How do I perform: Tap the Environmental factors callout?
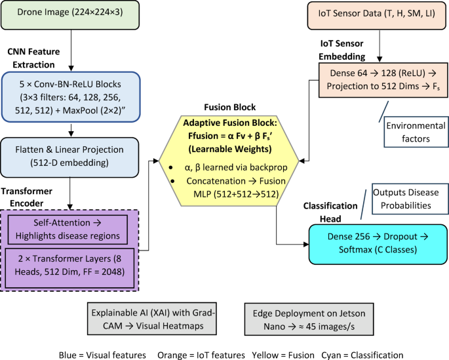(415, 132)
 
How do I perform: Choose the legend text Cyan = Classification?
(362, 353)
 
